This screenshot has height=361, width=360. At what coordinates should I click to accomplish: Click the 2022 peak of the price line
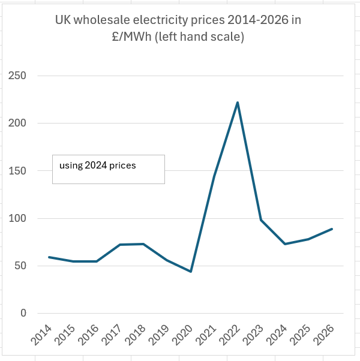point(238,103)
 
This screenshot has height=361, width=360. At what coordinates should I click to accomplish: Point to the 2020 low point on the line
point(191,272)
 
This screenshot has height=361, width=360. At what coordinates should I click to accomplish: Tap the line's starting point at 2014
point(49,257)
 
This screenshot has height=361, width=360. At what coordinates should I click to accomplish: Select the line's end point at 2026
point(332,229)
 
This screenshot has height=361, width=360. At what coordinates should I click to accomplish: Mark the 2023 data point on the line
point(261,220)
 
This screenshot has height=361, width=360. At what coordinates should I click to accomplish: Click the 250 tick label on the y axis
point(17,76)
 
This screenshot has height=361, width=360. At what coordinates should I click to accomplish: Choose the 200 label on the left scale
point(17,123)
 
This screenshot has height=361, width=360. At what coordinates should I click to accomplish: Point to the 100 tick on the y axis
point(17,218)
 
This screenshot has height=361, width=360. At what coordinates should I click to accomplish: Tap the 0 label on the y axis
point(23,313)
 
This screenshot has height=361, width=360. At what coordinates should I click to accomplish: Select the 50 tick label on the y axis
point(20,266)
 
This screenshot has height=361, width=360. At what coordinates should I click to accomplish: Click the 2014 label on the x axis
point(41,335)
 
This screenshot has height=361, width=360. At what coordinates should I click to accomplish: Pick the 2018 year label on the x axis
point(136,335)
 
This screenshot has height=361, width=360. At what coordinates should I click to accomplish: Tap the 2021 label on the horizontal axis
point(206,335)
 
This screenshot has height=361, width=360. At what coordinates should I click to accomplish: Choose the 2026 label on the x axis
point(324,335)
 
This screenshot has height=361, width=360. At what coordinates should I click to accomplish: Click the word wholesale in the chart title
point(102,20)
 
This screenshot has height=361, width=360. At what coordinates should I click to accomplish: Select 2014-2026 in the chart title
point(258,20)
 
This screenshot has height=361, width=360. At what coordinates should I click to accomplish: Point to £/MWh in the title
point(132,37)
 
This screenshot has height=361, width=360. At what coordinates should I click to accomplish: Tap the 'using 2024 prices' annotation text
point(98,166)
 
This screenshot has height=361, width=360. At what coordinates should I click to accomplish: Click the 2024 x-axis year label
point(277,335)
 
